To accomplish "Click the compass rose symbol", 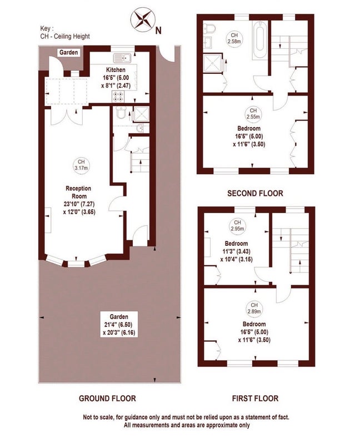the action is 142,19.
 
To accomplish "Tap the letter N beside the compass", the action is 158,31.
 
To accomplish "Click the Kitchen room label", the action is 116,70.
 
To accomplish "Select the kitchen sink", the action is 122,58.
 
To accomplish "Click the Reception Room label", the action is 78,192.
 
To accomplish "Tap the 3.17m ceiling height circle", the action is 81,165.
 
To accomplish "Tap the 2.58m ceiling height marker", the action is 234,38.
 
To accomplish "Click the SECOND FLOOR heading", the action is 255,193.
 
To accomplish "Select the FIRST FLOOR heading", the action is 255,398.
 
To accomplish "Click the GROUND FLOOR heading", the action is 107,398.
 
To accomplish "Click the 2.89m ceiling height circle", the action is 254,308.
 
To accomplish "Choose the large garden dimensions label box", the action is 120,325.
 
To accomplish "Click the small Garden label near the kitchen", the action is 68,52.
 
